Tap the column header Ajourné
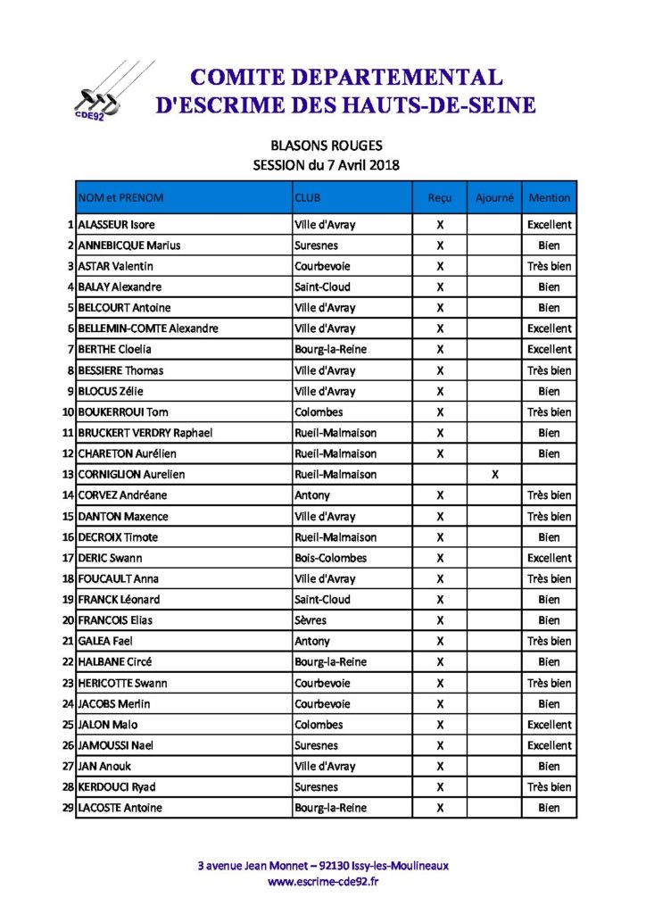[494, 197]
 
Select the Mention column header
[549, 197]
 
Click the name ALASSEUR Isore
[116, 225]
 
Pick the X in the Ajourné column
[494, 475]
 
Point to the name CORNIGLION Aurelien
[131, 475]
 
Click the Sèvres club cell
[311, 620]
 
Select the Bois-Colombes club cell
[330, 558]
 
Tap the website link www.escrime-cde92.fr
[323, 882]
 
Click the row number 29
[68, 808]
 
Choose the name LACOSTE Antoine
[120, 808]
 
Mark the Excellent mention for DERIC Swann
[549, 558]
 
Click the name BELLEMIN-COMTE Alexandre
[148, 328]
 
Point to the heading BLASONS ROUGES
[326, 145]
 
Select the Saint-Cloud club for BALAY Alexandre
[322, 287]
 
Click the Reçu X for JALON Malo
[440, 725]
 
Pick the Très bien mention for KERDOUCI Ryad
[549, 787]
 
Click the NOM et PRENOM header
[121, 197]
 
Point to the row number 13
[68, 475]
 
